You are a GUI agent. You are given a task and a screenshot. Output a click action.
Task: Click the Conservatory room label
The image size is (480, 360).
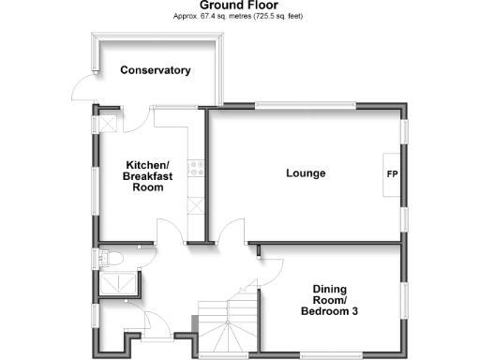click(156, 70)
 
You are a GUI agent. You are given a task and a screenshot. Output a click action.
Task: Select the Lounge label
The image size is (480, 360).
click(306, 173)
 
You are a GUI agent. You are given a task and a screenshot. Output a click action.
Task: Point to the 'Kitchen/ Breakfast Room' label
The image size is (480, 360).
click(143, 175)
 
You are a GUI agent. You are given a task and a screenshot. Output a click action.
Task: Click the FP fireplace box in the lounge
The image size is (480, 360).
click(391, 174)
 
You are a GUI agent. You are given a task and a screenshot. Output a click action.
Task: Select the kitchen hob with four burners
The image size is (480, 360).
click(198, 169)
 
